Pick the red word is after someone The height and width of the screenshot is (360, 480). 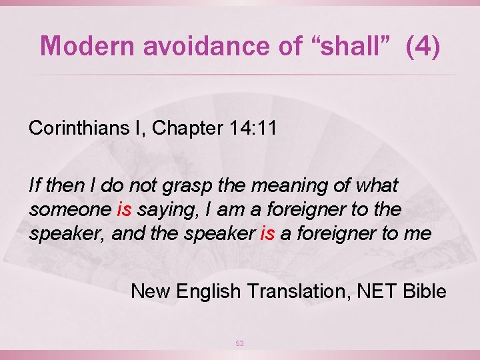click(x=125, y=209)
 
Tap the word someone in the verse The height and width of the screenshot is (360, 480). click(x=70, y=209)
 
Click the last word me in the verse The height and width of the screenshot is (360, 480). click(x=419, y=234)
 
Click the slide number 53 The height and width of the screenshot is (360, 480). click(x=240, y=343)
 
